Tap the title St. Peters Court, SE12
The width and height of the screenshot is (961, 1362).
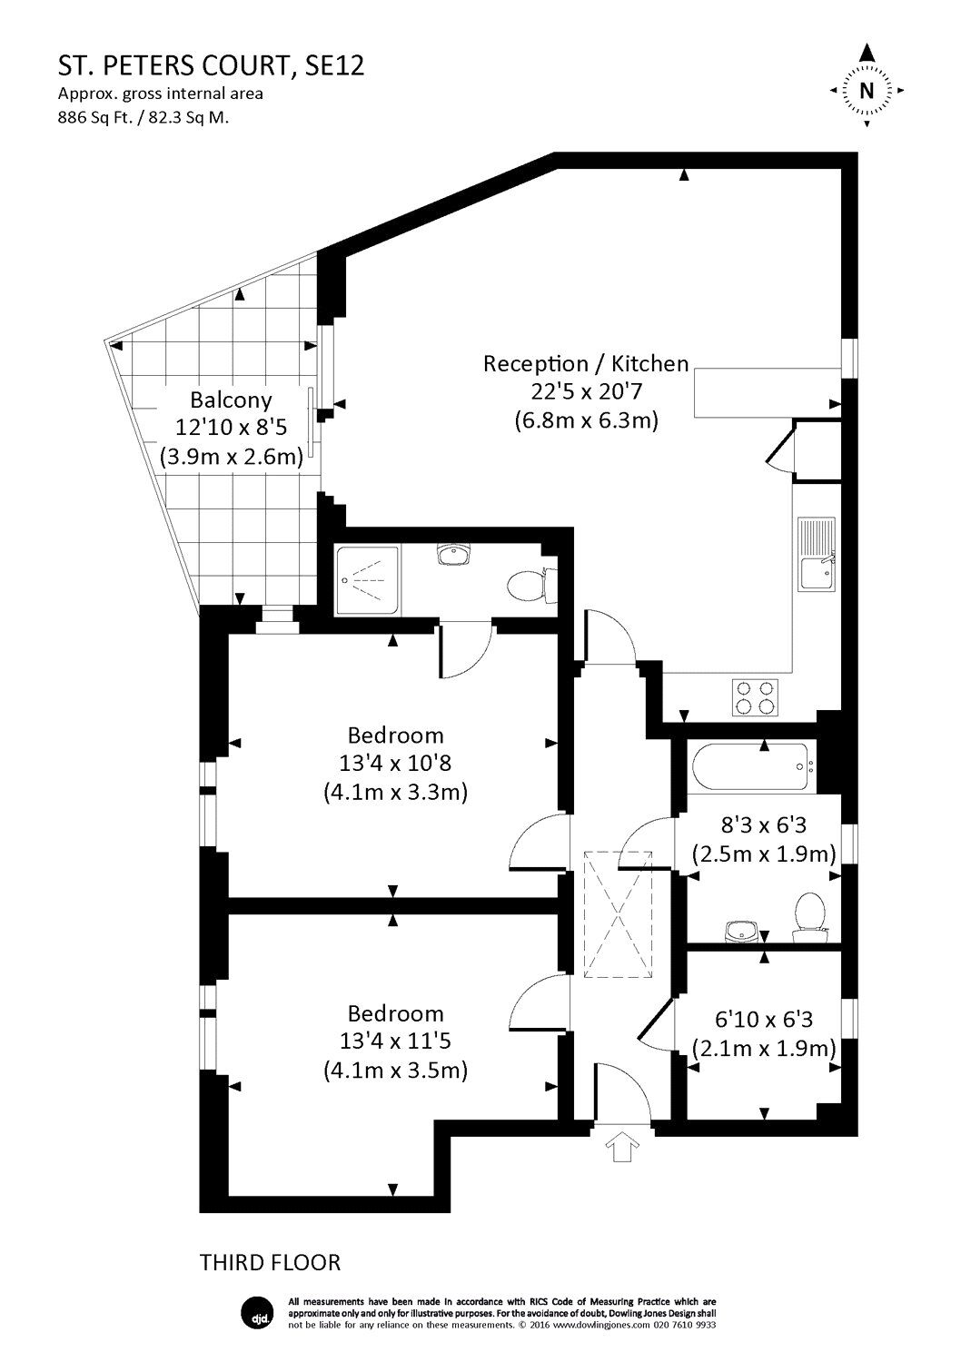212,65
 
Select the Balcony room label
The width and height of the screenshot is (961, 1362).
231,400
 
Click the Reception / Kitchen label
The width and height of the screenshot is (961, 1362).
586,364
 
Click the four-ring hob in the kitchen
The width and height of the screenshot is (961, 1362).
754,696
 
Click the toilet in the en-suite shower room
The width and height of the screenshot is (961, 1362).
526,584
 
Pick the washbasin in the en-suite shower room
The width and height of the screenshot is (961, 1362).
452,554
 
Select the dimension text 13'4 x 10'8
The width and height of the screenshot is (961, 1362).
396,764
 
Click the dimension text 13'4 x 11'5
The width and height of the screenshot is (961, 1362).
396,1042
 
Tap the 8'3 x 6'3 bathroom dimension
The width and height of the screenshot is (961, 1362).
763,826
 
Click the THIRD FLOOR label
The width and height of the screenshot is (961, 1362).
270,1262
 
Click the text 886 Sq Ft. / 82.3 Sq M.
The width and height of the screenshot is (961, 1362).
144,116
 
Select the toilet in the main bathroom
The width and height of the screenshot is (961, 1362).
807,913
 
